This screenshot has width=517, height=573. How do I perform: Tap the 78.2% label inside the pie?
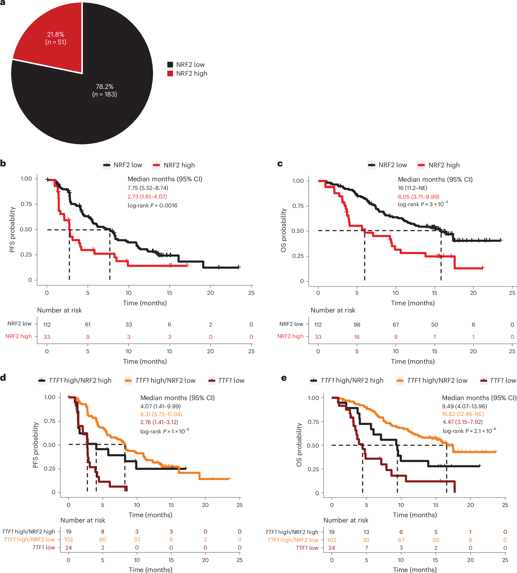105,87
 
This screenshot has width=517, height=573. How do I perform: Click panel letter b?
3,164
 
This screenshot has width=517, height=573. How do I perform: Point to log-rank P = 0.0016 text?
152,205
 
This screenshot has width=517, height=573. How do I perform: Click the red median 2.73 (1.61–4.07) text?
147,197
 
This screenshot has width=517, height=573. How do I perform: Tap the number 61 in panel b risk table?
88,324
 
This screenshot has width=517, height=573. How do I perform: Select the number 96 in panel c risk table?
357,325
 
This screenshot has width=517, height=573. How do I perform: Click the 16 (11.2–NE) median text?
412,188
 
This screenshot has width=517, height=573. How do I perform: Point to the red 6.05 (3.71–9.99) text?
418,197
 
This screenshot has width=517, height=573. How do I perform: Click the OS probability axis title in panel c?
283,230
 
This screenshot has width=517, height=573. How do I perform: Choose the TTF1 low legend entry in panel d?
231,380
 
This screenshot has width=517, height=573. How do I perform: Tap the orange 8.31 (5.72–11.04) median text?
161,414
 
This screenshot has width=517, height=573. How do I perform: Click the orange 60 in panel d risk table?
102,539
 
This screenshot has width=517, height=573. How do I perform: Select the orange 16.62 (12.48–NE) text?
462,414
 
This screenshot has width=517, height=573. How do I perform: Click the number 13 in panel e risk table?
366,532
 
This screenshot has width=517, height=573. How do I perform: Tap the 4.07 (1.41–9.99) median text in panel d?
160,406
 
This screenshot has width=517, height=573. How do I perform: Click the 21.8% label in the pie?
56,35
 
